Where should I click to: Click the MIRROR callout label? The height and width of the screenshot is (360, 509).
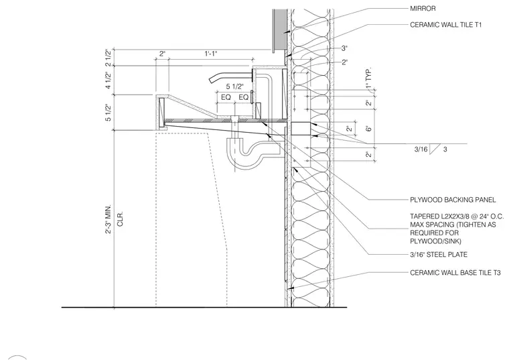pyautogui.click(x=423, y=9)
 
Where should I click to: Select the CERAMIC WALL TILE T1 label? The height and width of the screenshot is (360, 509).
pyautogui.click(x=445, y=25)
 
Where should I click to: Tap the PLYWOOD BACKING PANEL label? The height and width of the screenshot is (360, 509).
pyautogui.click(x=453, y=200)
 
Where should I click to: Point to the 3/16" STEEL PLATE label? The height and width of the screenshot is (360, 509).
pyautogui.click(x=439, y=255)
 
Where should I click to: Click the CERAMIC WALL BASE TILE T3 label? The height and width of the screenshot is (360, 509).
pyautogui.click(x=455, y=273)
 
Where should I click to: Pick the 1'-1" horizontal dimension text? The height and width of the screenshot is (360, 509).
pyautogui.click(x=211, y=54)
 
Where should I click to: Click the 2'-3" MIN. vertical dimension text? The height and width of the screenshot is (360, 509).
pyautogui.click(x=108, y=219)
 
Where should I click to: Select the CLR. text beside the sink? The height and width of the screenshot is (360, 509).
pyautogui.click(x=120, y=219)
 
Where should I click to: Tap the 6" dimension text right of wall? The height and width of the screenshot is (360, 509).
pyautogui.click(x=368, y=129)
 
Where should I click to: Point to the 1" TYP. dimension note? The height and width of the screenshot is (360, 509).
pyautogui.click(x=368, y=78)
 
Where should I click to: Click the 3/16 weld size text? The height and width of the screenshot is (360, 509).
pyautogui.click(x=421, y=149)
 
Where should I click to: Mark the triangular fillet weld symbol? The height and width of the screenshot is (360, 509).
pyautogui.click(x=434, y=149)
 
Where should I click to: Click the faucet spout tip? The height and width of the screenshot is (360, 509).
pyautogui.click(x=211, y=80)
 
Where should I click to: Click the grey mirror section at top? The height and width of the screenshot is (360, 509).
pyautogui.click(x=279, y=29)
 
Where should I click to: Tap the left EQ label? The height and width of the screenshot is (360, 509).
pyautogui.click(x=226, y=97)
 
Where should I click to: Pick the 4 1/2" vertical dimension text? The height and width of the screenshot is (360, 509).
pyautogui.click(x=108, y=80)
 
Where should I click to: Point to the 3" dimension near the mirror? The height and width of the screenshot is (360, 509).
pyautogui.click(x=344, y=48)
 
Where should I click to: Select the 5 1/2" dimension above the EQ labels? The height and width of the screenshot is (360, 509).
pyautogui.click(x=234, y=86)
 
